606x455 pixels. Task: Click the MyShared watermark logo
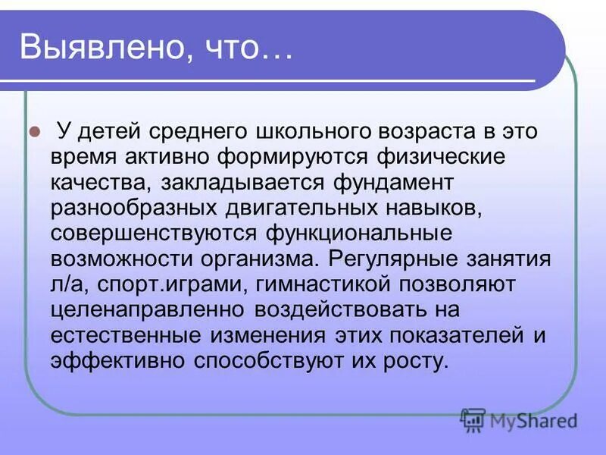coord(519,419)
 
